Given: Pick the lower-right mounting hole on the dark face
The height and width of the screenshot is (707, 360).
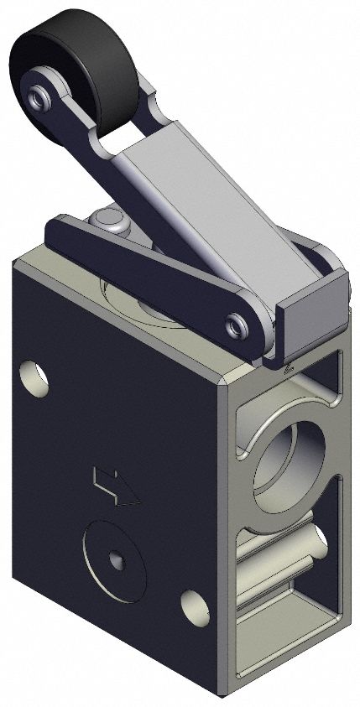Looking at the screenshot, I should tap(195, 603).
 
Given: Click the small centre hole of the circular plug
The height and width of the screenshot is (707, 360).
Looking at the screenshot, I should tap(114, 560).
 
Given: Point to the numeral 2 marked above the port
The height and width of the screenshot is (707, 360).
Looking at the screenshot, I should tap(289, 366).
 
